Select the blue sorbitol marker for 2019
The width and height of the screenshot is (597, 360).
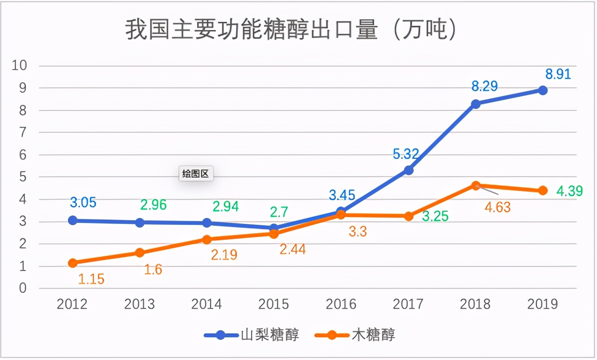(x=543, y=90)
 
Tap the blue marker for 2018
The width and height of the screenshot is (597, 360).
(x=476, y=104)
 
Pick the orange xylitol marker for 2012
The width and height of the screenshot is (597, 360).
(x=72, y=263)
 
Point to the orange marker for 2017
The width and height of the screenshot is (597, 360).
(x=409, y=216)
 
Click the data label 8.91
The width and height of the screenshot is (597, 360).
(x=558, y=74)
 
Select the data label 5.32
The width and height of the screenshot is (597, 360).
(x=406, y=155)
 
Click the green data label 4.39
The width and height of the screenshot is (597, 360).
(x=569, y=191)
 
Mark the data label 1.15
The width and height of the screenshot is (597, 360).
(x=91, y=279)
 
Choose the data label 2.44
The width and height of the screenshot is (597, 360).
(x=293, y=249)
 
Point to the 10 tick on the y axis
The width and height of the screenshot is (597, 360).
(x=19, y=66)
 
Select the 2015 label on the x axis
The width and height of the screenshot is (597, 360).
(x=274, y=304)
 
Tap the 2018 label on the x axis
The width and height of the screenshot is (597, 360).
(x=475, y=304)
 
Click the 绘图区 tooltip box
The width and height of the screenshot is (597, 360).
(x=196, y=174)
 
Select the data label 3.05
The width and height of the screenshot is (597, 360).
(x=83, y=202)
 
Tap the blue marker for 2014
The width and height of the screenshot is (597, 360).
(x=207, y=223)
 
